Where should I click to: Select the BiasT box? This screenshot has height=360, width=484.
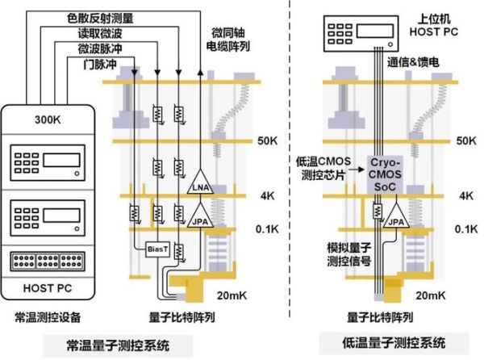[x=156, y=249]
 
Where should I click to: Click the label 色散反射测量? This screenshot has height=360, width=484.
[x=102, y=17]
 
